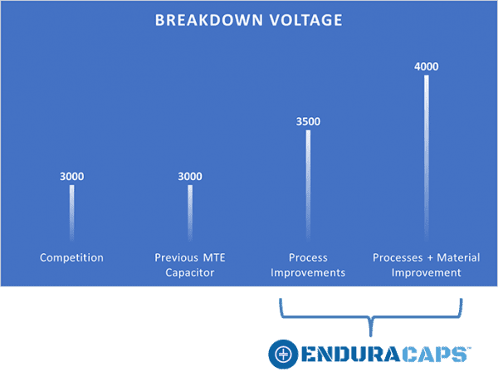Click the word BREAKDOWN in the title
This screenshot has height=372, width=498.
(209, 20)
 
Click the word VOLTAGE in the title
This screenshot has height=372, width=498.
(305, 20)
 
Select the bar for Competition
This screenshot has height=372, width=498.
(71, 213)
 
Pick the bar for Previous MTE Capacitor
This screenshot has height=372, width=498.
(190, 213)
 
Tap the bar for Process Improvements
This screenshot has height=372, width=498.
(308, 185)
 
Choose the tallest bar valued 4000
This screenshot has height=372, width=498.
(427, 158)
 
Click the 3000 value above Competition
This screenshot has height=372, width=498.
(71, 176)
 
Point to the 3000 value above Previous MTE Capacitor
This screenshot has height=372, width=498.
(190, 176)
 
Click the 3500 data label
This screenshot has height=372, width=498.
(308, 121)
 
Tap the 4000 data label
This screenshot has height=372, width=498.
(427, 66)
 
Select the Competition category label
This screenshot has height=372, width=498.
(71, 257)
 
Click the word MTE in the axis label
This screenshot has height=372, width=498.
(214, 257)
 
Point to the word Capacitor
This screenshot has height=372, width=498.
(190, 272)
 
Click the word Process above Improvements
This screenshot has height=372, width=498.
(308, 257)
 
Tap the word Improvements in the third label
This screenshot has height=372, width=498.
(308, 272)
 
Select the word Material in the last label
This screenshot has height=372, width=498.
(458, 257)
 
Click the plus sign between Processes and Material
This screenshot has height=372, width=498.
(430, 258)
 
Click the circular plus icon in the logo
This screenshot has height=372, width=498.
(283, 355)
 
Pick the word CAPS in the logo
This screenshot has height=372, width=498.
(435, 355)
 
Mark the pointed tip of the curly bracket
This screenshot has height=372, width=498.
(370, 336)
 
